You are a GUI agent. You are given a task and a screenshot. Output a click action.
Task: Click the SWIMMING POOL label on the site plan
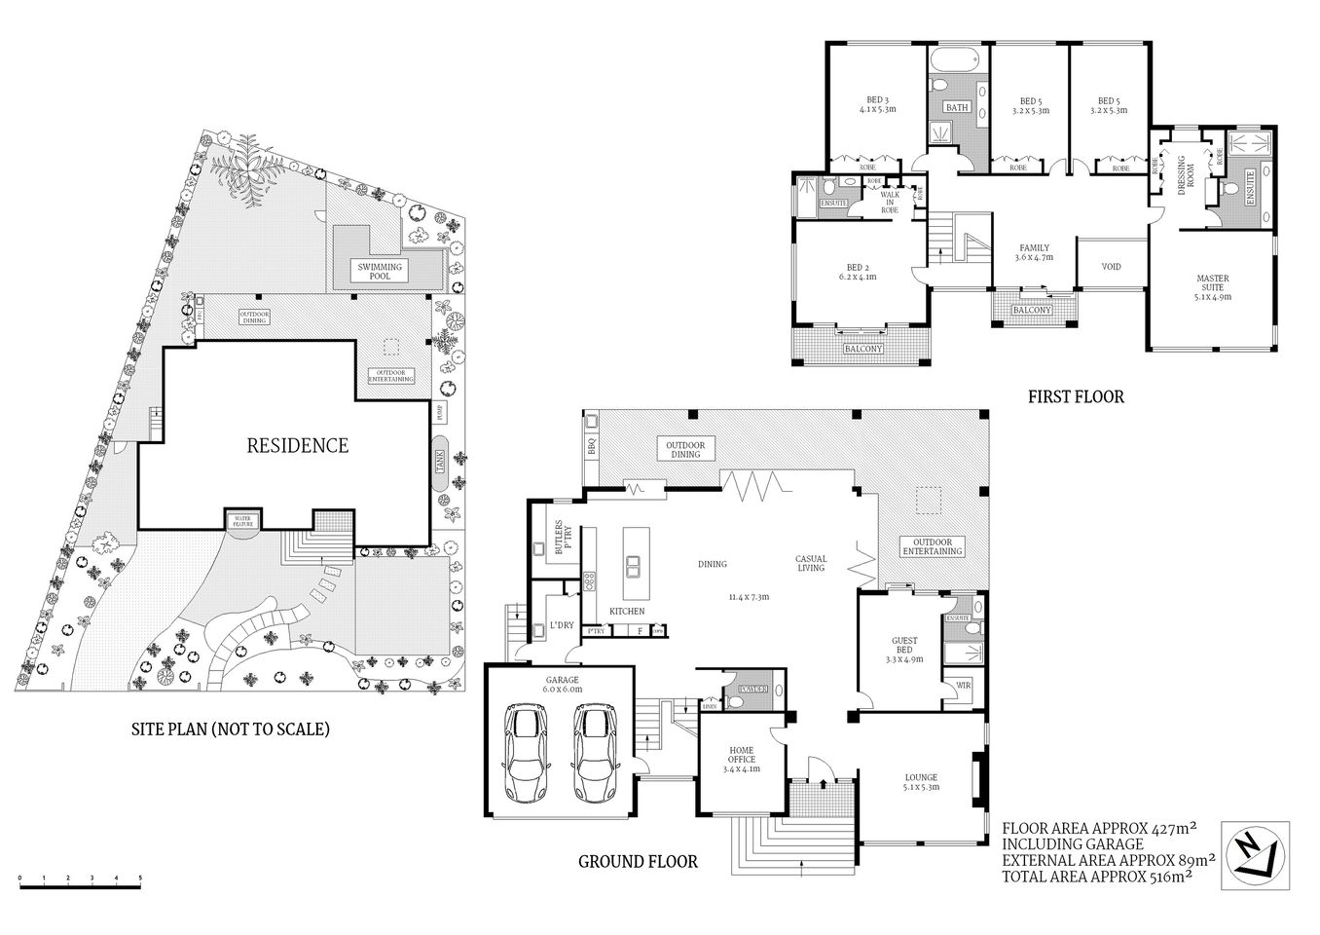379,271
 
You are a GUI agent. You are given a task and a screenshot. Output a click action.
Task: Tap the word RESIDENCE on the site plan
297,445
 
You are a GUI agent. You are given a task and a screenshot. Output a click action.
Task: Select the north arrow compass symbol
1255,854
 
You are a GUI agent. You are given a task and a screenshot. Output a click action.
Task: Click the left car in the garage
526,753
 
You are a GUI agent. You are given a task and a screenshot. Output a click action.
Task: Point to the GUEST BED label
904,649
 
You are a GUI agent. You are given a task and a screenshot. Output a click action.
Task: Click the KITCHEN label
627,611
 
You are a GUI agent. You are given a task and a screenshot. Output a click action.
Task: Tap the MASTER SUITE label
1213,286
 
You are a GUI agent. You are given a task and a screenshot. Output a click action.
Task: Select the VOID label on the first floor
1111,266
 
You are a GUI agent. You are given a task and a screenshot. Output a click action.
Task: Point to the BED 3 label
877,104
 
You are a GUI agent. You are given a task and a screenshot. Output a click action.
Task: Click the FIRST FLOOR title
1076,396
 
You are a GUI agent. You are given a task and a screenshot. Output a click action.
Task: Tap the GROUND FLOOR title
638,861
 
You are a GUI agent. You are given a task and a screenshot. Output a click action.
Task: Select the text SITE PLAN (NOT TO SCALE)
231,728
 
